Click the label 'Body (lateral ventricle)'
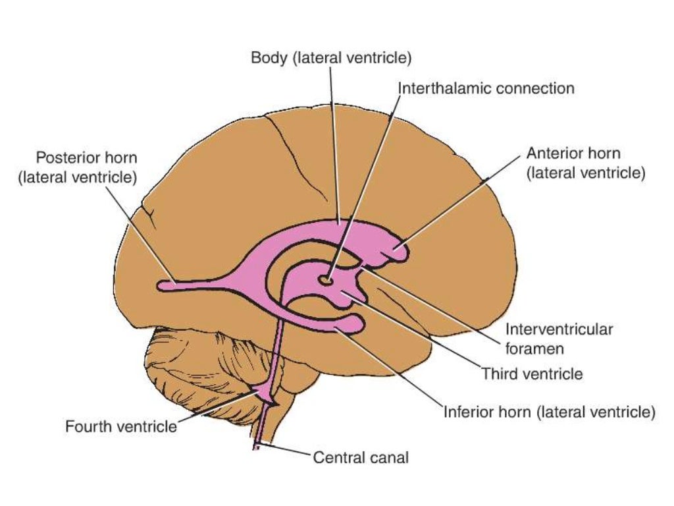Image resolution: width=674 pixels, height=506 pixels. (x=331, y=58)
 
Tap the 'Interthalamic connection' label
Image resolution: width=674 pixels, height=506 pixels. (x=486, y=88)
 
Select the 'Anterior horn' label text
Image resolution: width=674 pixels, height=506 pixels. (x=573, y=154)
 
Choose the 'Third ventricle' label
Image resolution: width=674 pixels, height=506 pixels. (x=532, y=374)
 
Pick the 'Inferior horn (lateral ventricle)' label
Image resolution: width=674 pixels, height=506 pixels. (x=549, y=413)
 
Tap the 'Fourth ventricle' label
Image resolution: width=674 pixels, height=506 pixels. (x=121, y=426)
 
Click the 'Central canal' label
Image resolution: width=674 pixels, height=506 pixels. (x=361, y=457)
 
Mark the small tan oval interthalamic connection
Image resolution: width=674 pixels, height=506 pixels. (x=326, y=281)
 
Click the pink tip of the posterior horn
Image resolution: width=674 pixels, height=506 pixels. (x=165, y=286)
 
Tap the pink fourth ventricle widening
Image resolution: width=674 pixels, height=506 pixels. (x=267, y=395)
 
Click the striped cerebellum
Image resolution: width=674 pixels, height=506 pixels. (x=197, y=369)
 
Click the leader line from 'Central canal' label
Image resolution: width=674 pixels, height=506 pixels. (x=283, y=451)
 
